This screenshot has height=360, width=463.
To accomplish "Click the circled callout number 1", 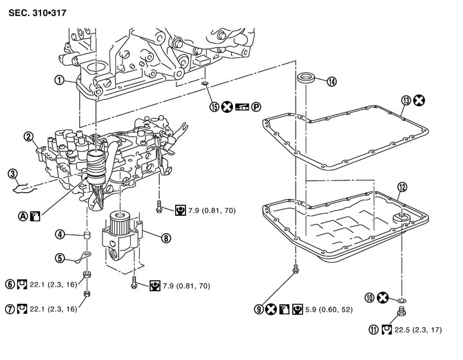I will pos(59,81).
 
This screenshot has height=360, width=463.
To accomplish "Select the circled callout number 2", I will pos(28,136).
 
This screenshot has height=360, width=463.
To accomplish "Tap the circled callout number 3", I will pos(12,173).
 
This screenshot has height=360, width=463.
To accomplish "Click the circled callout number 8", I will pos(166,238).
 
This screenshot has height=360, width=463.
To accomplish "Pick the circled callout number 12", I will pos(402,187).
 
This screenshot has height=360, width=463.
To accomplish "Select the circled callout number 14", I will pos(331,81).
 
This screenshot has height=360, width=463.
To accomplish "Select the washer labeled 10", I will pos(402,300).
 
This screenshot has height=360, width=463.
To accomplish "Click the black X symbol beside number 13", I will pos(419,100).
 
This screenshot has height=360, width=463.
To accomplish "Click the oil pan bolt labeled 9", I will pos(296,270).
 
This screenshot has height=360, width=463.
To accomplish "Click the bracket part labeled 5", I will pos(83,259).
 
